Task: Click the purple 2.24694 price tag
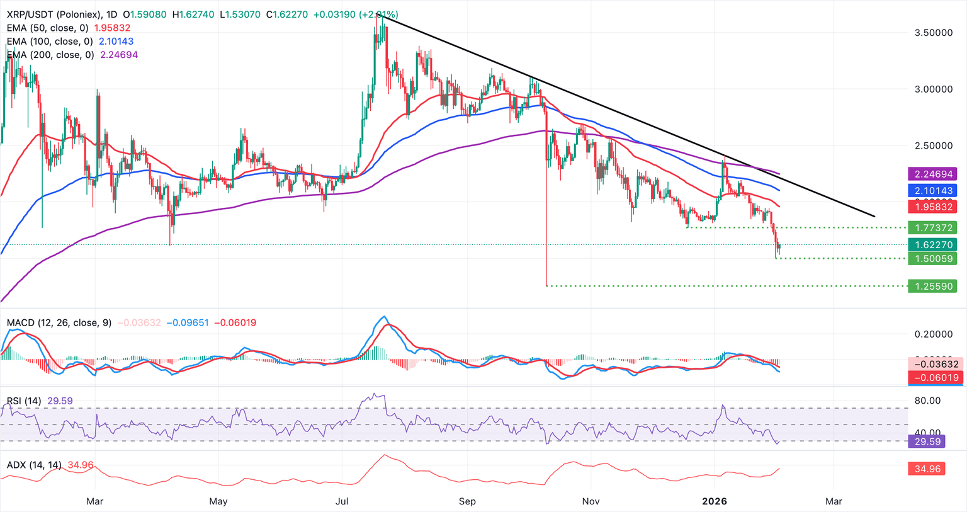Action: [x=932, y=174]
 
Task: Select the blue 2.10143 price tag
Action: [x=932, y=190]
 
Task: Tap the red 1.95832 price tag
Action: [x=932, y=207]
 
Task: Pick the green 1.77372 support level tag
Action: [x=932, y=227]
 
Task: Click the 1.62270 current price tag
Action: [x=932, y=244]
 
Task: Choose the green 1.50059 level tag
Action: [x=932, y=258]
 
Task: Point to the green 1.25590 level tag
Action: [x=932, y=286]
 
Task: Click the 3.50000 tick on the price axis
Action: [x=933, y=32]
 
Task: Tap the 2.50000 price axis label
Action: [x=933, y=145]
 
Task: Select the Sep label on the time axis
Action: [x=467, y=501]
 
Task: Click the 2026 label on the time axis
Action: [x=715, y=501]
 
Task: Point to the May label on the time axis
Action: [x=218, y=501]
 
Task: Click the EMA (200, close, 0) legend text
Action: [x=50, y=55]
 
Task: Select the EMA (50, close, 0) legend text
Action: [x=48, y=28]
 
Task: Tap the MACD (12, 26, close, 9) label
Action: [x=59, y=322]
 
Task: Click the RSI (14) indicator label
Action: [x=24, y=401]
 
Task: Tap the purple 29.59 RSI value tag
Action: [x=927, y=441]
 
